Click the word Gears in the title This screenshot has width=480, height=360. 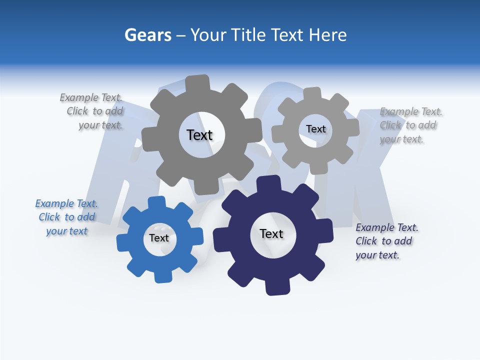point(148,35)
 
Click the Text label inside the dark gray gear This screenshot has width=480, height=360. point(199,135)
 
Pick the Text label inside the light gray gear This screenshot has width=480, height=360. point(315,129)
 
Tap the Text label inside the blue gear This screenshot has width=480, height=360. point(159,238)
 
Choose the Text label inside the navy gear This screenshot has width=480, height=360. point(271,234)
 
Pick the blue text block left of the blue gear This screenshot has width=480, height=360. point(66,217)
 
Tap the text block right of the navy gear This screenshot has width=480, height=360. point(386,241)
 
